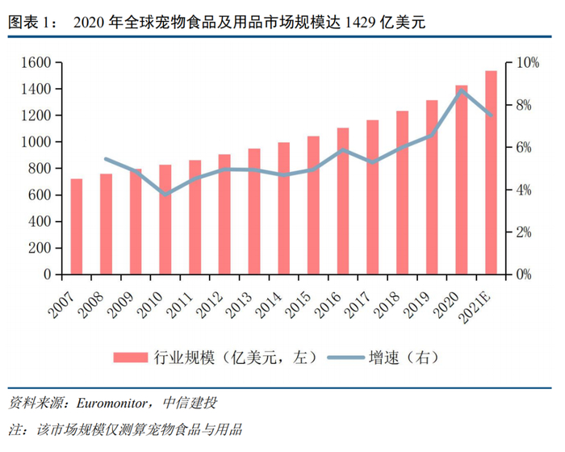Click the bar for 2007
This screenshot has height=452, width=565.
coord(77,227)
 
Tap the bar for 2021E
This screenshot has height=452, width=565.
coord(491,173)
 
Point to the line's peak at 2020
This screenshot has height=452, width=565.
coord(461,90)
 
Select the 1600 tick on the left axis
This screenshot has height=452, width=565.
coord(36,62)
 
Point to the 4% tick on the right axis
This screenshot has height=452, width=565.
coord(525,190)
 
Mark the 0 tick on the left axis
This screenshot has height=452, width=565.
coord(48,274)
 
